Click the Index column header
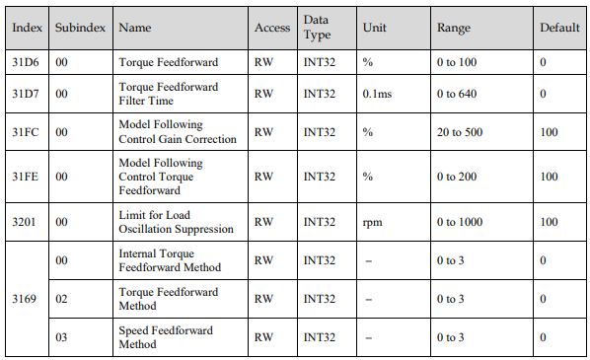tap(27, 28)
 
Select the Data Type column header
tap(318, 27)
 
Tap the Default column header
tap(559, 28)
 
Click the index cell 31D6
tap(26, 62)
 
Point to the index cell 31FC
tap(26, 132)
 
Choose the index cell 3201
tap(24, 222)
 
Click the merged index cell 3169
tap(24, 299)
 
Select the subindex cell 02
tap(61, 299)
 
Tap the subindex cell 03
tap(61, 337)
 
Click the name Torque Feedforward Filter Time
tap(168, 94)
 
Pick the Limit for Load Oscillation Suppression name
tap(176, 222)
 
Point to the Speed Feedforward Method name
tap(166, 337)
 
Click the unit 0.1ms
tap(377, 94)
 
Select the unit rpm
tap(372, 222)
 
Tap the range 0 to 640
tap(457, 94)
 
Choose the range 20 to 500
tap(460, 132)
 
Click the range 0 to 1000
tap(460, 222)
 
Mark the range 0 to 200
tap(457, 177)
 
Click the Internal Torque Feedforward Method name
tap(170, 260)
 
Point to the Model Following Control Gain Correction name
tap(178, 132)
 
